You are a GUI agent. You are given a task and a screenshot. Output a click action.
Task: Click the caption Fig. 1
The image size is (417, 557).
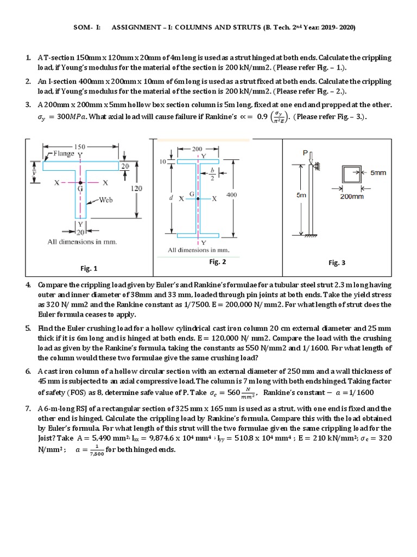pyautogui.click(x=89, y=268)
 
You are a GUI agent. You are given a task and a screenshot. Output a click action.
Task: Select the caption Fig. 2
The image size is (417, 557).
pyautogui.click(x=218, y=262)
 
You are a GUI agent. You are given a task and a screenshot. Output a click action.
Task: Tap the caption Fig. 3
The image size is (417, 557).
pyautogui.click(x=337, y=263)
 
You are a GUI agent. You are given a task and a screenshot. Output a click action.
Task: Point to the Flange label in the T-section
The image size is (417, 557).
pyautogui.click(x=64, y=153)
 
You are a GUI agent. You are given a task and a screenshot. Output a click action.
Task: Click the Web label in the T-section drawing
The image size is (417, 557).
pyautogui.click(x=105, y=200)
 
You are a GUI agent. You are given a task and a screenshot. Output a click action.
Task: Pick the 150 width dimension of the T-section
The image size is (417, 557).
pyautogui.click(x=80, y=147)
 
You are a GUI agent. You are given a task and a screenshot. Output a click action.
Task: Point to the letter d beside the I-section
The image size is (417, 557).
pyautogui.click(x=170, y=199)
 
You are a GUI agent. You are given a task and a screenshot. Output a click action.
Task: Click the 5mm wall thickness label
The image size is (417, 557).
pyautogui.click(x=378, y=172)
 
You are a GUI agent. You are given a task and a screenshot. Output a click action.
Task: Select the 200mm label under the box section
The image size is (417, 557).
pyautogui.click(x=352, y=196)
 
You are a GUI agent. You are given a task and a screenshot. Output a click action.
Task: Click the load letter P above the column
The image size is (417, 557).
pyautogui.click(x=305, y=153)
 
